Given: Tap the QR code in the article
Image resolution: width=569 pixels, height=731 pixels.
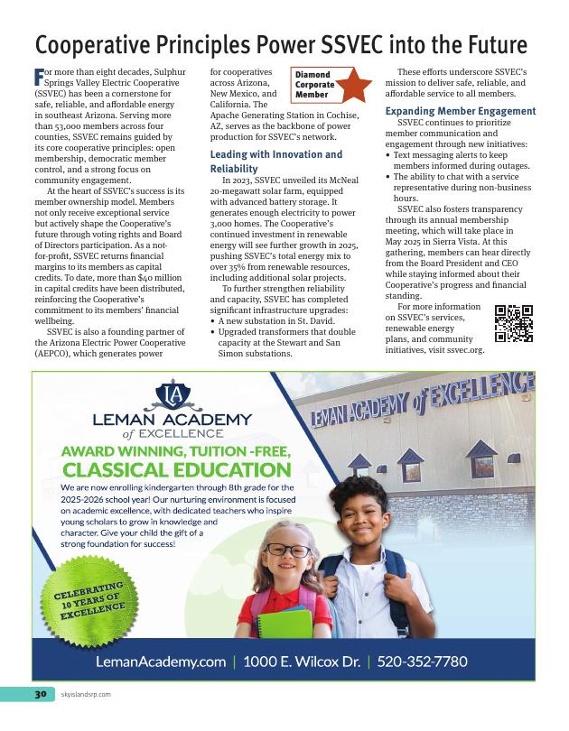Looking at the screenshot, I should (x=514, y=323).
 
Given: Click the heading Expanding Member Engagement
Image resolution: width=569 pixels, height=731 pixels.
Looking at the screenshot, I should (x=461, y=111).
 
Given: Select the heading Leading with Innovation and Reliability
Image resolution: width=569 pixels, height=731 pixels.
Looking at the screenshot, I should (x=261, y=162).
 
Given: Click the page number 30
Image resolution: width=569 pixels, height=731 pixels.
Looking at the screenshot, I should (x=40, y=694).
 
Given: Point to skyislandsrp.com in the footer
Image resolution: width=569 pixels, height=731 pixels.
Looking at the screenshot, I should (x=86, y=694).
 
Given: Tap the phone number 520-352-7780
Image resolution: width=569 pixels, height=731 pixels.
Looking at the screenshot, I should (x=422, y=662).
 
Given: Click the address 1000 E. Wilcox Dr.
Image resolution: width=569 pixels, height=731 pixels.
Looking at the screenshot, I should (x=302, y=662).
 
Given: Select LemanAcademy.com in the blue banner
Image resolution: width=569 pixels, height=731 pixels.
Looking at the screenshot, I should (x=161, y=662).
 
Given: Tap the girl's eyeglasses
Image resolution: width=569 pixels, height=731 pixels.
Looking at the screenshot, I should (x=287, y=550).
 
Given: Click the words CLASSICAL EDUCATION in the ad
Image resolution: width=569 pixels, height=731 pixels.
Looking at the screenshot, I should (x=177, y=469).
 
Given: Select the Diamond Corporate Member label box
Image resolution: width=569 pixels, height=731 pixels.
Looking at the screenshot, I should (x=313, y=84).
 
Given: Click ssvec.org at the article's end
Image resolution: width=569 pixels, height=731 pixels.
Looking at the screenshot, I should (x=466, y=350).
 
